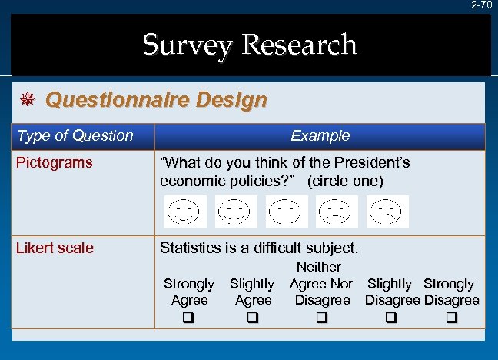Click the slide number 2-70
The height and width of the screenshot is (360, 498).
481,5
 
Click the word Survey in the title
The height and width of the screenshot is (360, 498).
187,45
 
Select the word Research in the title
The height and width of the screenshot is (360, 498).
299,45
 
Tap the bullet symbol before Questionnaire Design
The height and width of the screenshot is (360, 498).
27,101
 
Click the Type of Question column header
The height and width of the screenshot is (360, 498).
75,136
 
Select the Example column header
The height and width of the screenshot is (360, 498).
320,136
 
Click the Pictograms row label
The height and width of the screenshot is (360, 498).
55,162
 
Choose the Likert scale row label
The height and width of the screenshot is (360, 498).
55,248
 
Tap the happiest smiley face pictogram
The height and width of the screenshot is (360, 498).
185,212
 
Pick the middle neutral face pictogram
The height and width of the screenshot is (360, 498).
287,212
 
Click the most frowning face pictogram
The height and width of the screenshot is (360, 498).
388,212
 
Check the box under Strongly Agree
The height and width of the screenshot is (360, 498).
188,317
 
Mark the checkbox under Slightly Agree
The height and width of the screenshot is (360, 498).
252,317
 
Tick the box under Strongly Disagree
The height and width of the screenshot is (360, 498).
451,317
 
